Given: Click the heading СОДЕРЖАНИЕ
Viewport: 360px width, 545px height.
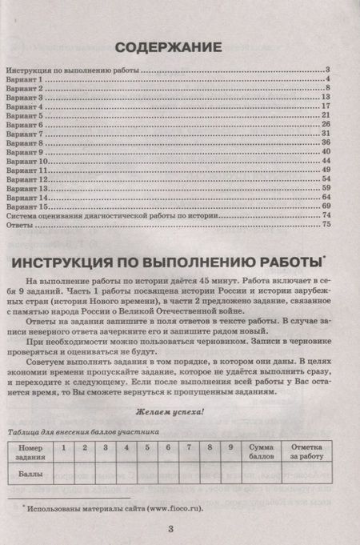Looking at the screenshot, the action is point(179,45).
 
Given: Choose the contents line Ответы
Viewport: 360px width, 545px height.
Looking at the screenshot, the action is point(20,225).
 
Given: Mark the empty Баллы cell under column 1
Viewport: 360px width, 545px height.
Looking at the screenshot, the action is point(62,474).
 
